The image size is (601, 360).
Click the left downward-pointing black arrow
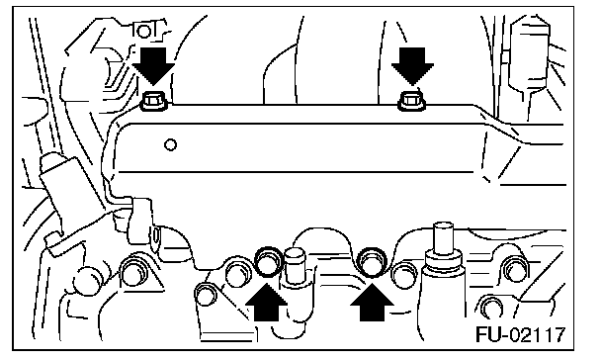click(153, 65)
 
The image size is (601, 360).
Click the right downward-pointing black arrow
click(412, 65)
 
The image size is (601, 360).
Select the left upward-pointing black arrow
click(266, 303)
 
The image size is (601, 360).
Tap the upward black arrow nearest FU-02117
click(372, 303)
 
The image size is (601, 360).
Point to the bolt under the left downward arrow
click(153, 102)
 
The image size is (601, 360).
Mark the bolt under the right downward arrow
click(411, 102)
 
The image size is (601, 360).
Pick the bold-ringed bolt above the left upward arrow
click(268, 261)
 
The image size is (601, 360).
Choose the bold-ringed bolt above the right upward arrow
click(371, 261)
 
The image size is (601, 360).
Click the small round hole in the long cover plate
click(171, 145)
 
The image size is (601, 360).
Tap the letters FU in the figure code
click(488, 334)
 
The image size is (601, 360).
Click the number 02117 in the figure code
click(537, 334)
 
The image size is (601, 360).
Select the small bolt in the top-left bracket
click(144, 31)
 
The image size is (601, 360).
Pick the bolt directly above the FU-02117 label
click(491, 306)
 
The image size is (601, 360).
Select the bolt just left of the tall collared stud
click(404, 275)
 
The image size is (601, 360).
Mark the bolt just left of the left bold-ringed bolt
click(238, 273)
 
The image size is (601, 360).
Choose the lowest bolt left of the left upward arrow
click(207, 295)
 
